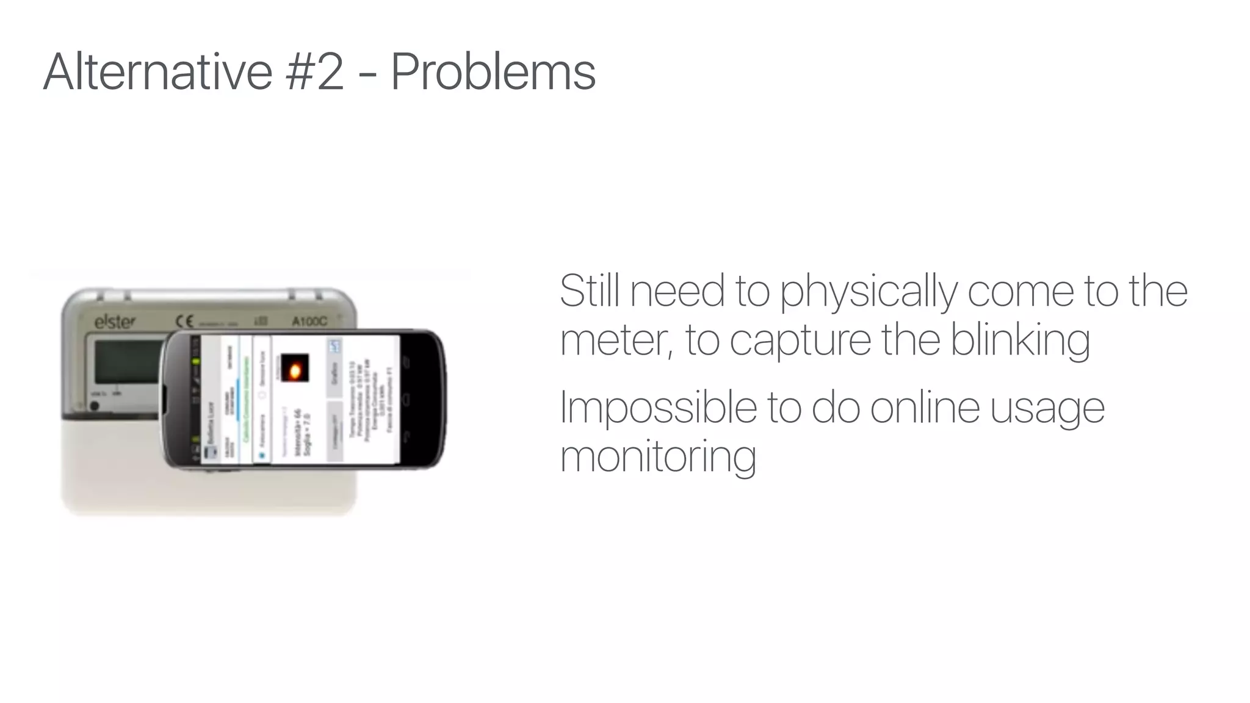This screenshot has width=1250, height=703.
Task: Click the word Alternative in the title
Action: click(x=157, y=72)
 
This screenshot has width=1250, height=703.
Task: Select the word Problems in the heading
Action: click(x=493, y=72)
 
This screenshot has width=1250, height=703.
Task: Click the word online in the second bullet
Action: click(x=925, y=408)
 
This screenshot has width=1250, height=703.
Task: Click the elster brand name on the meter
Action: click(x=115, y=322)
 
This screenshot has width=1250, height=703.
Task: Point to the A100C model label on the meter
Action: click(x=309, y=322)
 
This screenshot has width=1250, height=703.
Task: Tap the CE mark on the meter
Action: click(x=184, y=322)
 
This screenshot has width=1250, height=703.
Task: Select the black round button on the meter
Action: click(x=95, y=405)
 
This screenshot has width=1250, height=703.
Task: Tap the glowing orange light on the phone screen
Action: click(x=295, y=369)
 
